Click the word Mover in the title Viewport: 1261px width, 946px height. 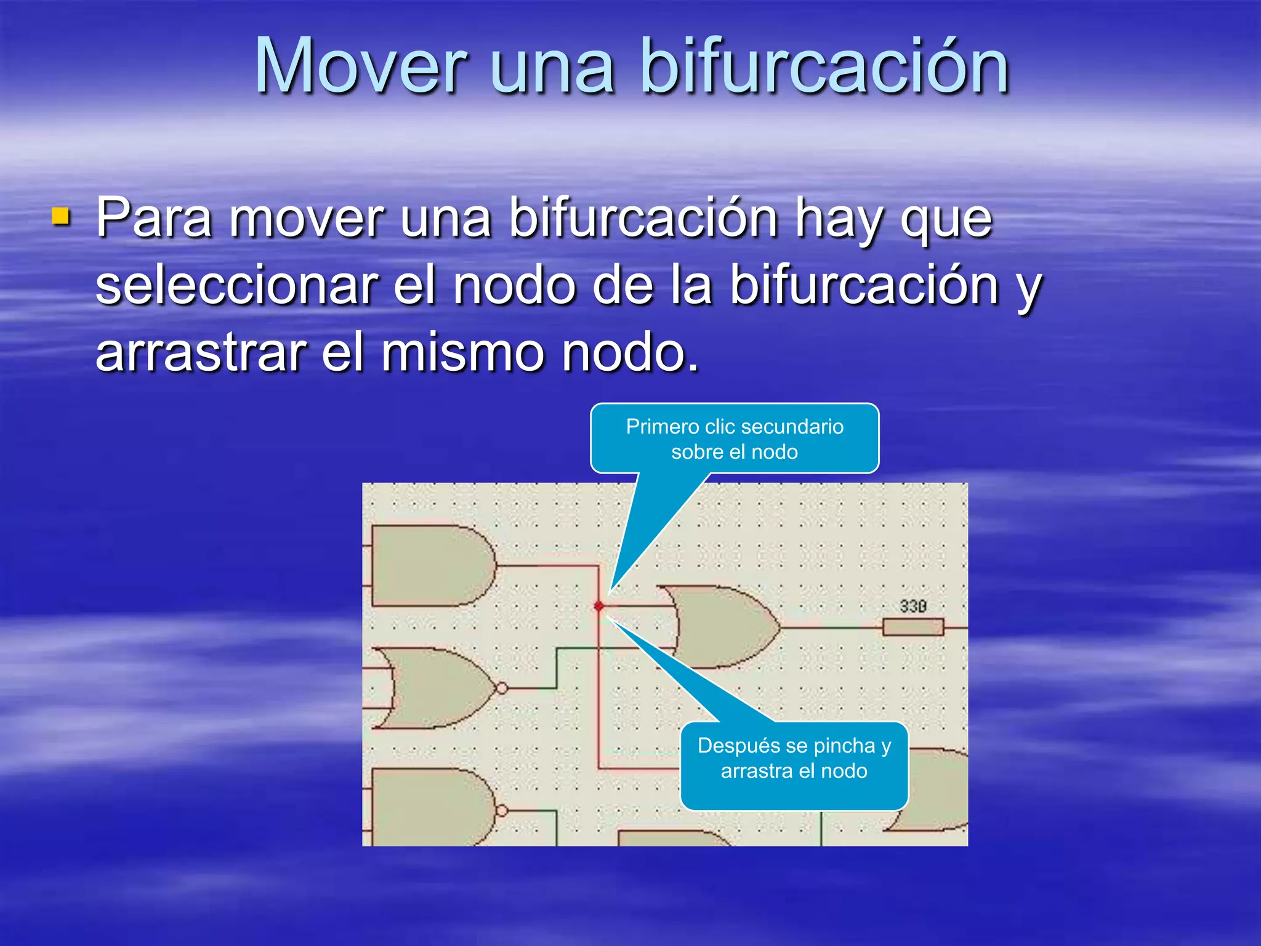[361, 67]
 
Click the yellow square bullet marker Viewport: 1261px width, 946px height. [60, 216]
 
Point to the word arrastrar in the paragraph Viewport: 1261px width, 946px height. [201, 353]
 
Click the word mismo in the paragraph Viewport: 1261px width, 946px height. [462, 353]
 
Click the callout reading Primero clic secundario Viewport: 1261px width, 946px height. [734, 439]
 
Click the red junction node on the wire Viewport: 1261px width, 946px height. [598, 607]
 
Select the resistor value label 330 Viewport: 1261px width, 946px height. [913, 607]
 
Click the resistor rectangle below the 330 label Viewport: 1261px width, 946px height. [913, 628]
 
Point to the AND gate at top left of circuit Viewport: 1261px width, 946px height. [431, 565]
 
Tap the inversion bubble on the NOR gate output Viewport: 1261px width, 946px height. [502, 688]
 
